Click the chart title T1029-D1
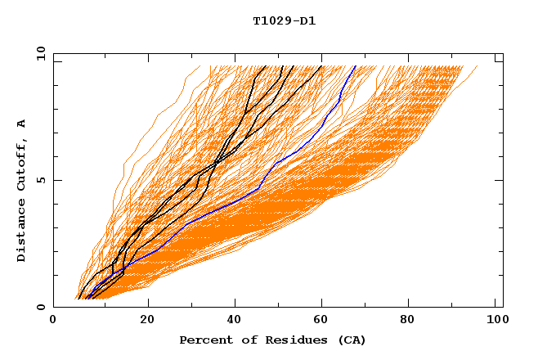[x=284, y=20]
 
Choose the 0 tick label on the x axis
[x=53, y=322]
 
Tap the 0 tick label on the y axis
[x=40, y=308]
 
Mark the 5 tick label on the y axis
[x=40, y=180]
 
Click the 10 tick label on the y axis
[x=40, y=53]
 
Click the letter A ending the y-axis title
[x=21, y=124]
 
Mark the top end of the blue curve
[x=355, y=66]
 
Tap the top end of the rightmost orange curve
[x=478, y=66]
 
